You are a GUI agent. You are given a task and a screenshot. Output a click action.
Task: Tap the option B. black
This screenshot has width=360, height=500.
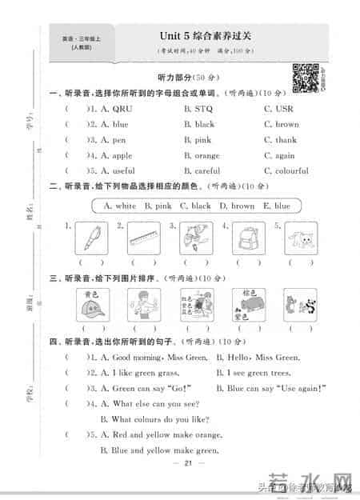click(x=199, y=125)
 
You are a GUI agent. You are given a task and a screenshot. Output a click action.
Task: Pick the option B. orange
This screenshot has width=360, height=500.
click(x=202, y=156)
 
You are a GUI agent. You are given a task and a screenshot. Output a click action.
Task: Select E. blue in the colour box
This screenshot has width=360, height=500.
click(x=277, y=206)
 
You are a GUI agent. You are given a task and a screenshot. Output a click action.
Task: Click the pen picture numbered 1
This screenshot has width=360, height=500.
click(x=91, y=238)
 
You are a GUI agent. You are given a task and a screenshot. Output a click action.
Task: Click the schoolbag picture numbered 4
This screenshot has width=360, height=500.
click(x=249, y=238)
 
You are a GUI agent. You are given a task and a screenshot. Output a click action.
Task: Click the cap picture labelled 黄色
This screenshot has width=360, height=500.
click(x=91, y=305)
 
